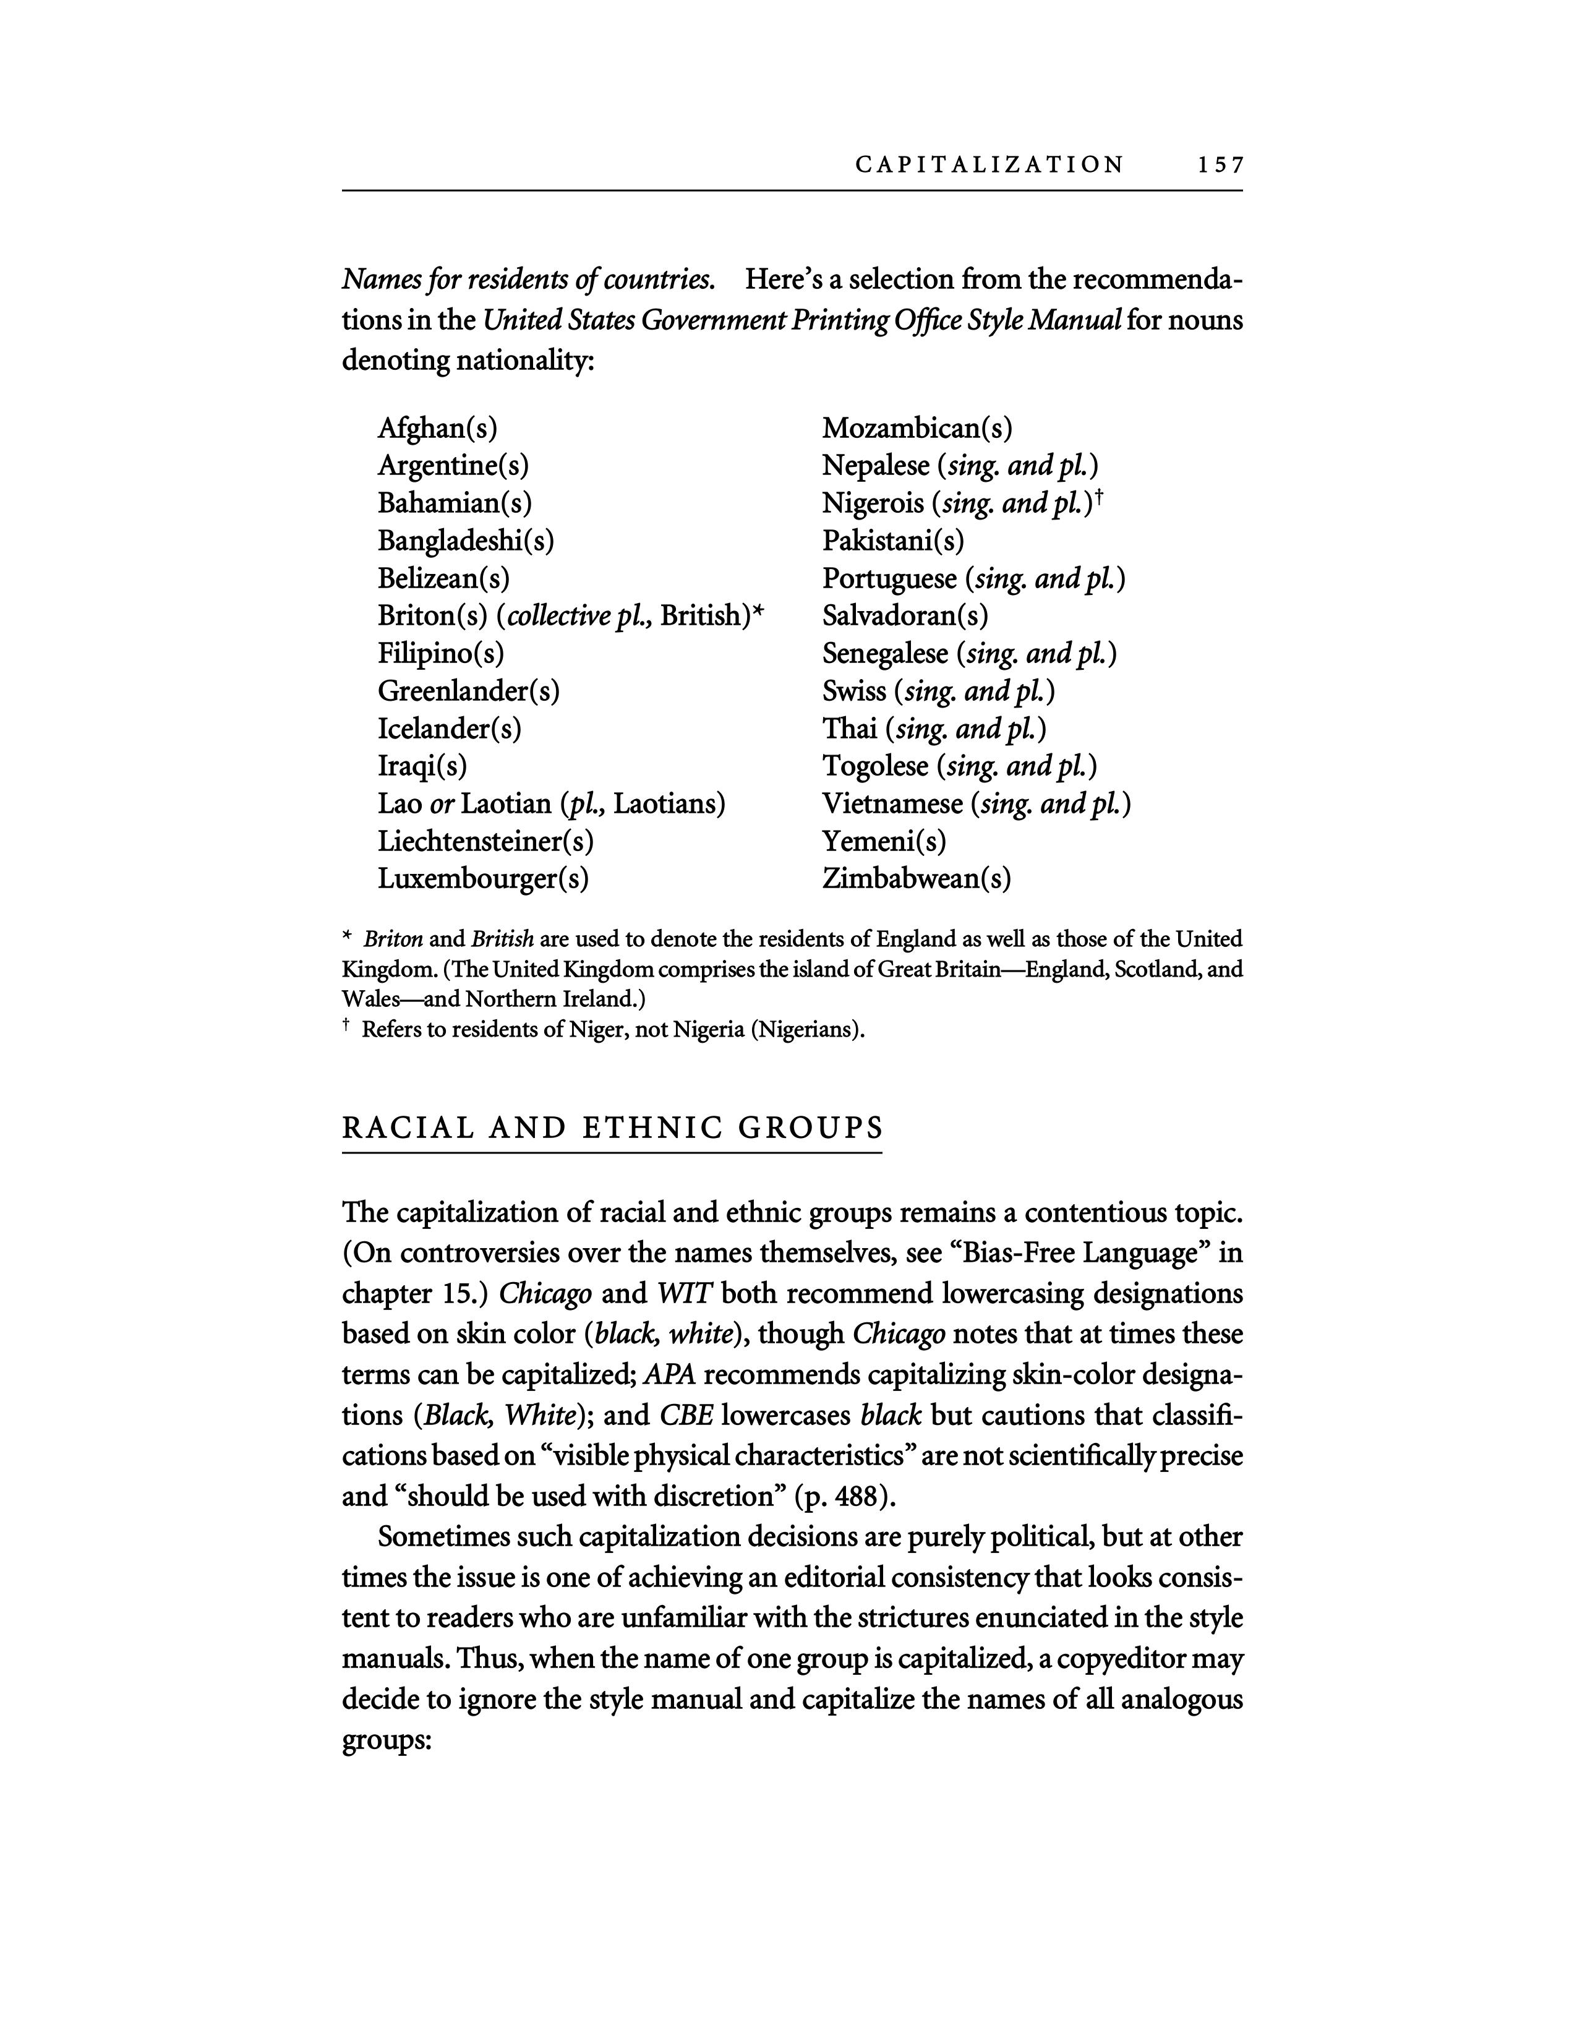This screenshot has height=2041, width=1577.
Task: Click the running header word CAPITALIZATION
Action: (989, 165)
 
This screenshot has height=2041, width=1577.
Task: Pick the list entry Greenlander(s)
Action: (468, 691)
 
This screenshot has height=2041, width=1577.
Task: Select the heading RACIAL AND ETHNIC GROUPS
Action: (612, 1128)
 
